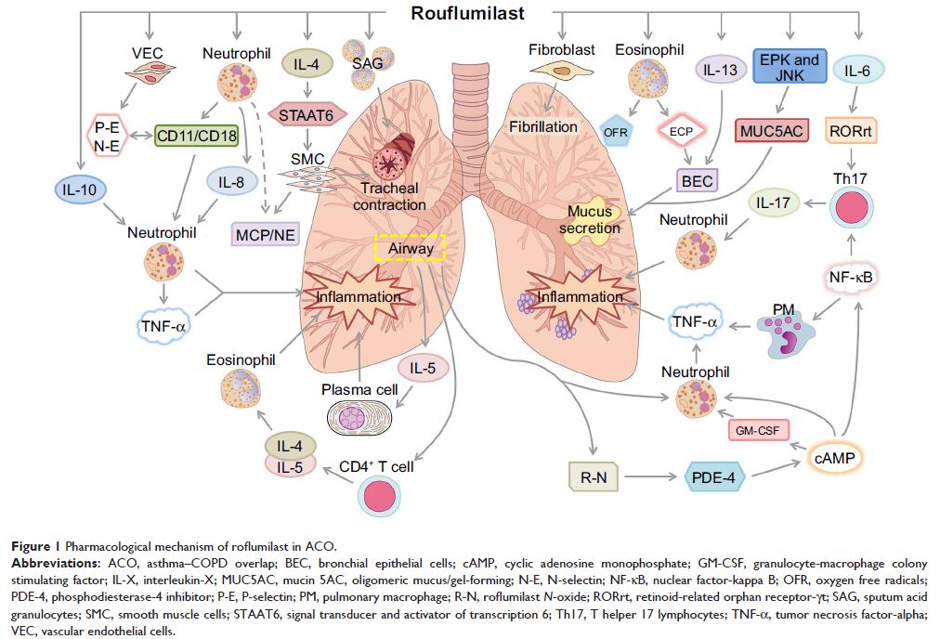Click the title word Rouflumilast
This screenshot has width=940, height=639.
click(469, 13)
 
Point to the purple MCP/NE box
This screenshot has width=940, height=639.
click(266, 236)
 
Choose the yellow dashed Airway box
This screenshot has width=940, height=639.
click(410, 246)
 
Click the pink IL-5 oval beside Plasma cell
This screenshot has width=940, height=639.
click(423, 368)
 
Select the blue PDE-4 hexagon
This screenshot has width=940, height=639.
click(717, 477)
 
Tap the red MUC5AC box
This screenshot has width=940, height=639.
click(768, 131)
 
